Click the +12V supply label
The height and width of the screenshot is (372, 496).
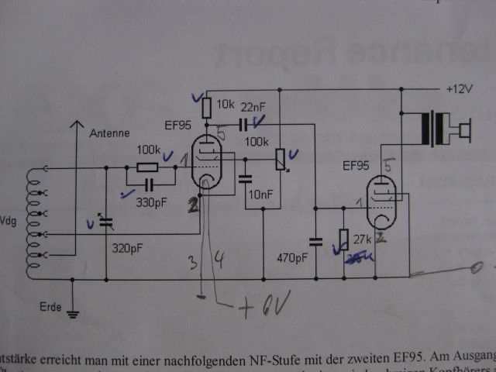click(x=459, y=88)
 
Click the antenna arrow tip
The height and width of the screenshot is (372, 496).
click(x=74, y=122)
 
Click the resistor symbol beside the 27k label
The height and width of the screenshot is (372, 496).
click(x=343, y=239)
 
